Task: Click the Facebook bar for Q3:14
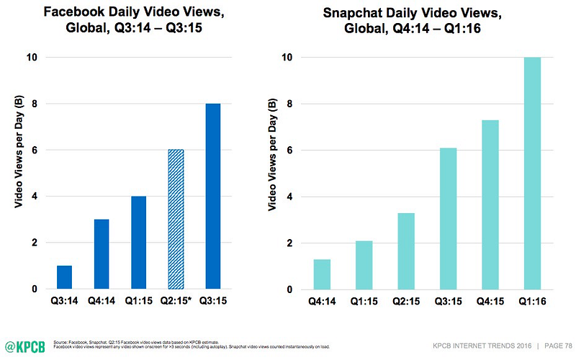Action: coord(65,277)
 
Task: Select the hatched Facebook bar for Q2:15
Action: coord(176,220)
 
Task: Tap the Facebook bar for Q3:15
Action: coord(214,197)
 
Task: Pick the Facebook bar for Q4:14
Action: coord(102,254)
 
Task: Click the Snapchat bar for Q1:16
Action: coord(533,174)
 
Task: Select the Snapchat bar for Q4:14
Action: coord(322,274)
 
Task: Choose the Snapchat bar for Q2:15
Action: coord(407,251)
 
